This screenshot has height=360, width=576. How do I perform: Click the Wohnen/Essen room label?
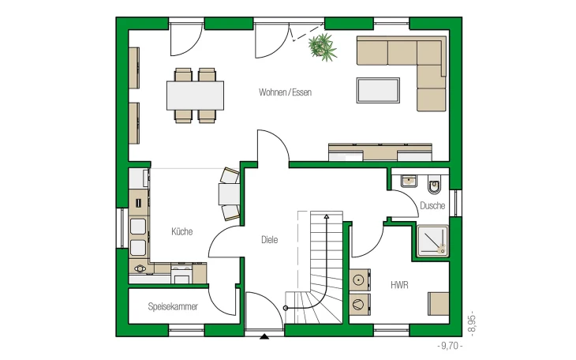point(285,92)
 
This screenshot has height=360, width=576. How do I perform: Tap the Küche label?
point(181,231)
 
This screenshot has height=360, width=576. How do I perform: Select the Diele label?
point(269,240)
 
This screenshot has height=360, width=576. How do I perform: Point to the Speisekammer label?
point(173,306)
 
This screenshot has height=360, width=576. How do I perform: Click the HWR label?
point(399,285)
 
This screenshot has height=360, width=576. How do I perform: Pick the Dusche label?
point(432,205)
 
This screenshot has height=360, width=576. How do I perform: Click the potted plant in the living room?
point(322,47)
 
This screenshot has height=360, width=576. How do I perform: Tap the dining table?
point(195,96)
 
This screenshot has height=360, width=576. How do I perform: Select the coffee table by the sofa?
point(378,90)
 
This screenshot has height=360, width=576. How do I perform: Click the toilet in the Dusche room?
point(435,185)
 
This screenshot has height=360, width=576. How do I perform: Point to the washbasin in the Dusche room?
point(409,181)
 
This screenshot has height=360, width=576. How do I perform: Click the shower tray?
point(432,241)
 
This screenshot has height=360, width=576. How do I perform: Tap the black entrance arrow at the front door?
point(264,336)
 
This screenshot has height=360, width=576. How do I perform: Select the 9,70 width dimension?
point(450,346)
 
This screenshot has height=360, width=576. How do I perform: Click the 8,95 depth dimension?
point(472,324)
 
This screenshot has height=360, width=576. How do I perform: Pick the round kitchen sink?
point(140,268)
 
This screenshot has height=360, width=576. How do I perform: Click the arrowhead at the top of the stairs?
point(326,216)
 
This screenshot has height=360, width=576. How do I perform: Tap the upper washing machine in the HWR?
point(358,279)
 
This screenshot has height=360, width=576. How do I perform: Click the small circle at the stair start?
point(286,308)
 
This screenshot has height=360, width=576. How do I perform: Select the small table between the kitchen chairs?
point(230,193)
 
